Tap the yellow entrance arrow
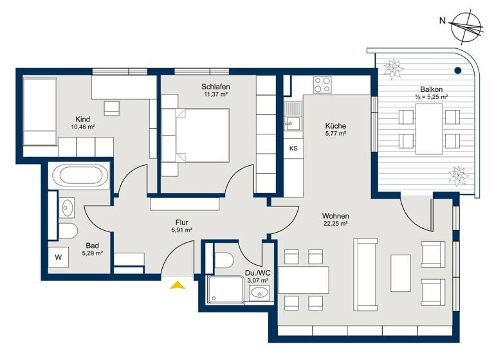[178, 285]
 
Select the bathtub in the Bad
[80, 175]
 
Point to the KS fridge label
[293, 148]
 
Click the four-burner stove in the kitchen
[322, 84]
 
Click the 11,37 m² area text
[215, 94]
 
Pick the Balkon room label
[431, 89]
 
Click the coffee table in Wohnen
[400, 273]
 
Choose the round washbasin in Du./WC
[259, 294]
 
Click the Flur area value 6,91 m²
[181, 230]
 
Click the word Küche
[335, 126]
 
